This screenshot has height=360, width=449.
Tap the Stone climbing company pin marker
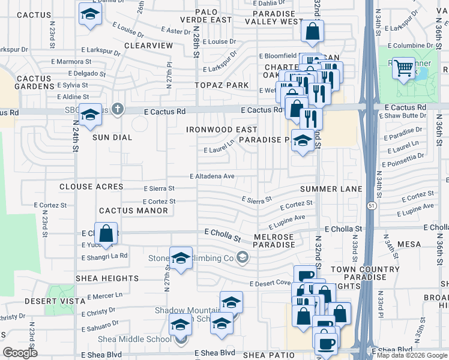(242, 258)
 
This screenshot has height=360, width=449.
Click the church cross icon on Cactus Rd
(118, 109)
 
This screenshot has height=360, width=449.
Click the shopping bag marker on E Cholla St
(106, 234)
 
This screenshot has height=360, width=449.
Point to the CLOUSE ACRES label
(91, 187)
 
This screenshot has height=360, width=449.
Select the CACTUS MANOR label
(133, 211)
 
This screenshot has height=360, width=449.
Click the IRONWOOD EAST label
(221, 130)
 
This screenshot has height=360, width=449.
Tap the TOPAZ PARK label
(221, 85)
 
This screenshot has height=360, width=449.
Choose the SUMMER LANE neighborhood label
(331, 189)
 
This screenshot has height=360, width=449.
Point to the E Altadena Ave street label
(212, 176)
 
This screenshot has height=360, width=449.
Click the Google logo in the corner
(20, 353)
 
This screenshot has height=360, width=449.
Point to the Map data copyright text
(412, 355)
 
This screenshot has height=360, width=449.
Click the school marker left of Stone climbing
(181, 258)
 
